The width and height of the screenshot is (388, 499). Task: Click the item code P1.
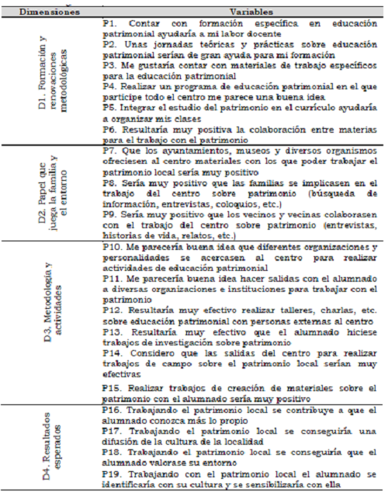tap(109, 25)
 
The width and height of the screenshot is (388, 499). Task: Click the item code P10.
tap(112, 248)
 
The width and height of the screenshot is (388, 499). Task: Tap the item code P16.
tap(112, 410)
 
